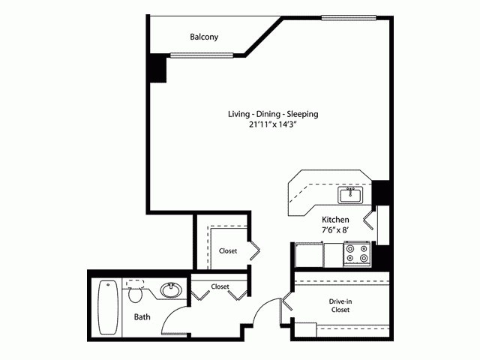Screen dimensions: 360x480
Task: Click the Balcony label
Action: [204, 37]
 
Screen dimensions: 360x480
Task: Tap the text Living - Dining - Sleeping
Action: [274, 114]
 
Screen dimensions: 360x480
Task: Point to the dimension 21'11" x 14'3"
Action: [274, 124]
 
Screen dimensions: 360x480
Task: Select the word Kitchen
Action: [336, 221]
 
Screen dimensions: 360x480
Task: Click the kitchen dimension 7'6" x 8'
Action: [336, 232]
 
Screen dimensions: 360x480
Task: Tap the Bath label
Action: [142, 317]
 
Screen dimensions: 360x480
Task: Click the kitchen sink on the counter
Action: [350, 196]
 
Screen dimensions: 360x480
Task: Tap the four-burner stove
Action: [357, 255]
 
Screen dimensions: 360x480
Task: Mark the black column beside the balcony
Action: [157, 69]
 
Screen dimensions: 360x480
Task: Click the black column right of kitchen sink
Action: [381, 192]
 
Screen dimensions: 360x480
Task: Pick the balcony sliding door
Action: [203, 55]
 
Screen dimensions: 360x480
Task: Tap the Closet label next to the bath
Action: [220, 286]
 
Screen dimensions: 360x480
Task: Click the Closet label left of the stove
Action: [228, 251]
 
